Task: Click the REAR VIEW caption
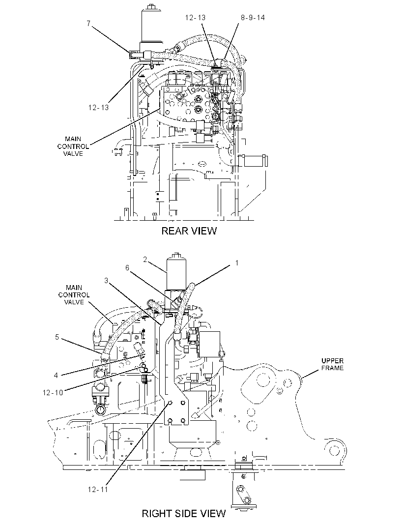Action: pyautogui.click(x=189, y=231)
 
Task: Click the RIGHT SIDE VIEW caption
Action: pyautogui.click(x=184, y=513)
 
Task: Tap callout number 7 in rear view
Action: pyautogui.click(x=88, y=24)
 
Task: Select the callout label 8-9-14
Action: pyautogui.click(x=253, y=17)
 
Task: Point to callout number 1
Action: pyautogui.click(x=237, y=262)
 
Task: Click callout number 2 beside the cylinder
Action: pyautogui.click(x=145, y=260)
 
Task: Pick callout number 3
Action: pyautogui.click(x=106, y=280)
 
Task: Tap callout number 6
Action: pyautogui.click(x=127, y=268)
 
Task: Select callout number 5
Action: pyautogui.click(x=57, y=337)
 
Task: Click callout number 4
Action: pyautogui.click(x=56, y=375)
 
